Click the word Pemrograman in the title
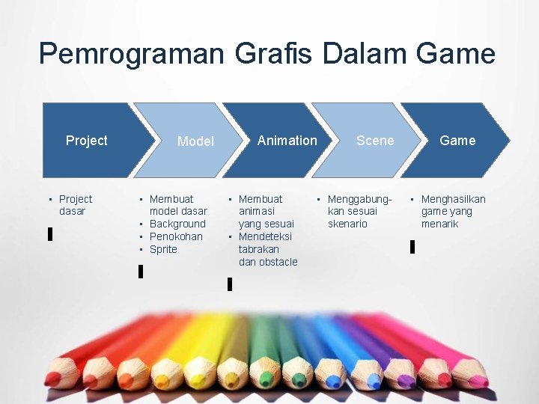tap(132, 54)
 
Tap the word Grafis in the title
tap(277, 54)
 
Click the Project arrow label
tap(86, 141)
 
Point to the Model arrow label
tap(195, 141)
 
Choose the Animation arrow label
tap(287, 141)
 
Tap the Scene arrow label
tap(375, 141)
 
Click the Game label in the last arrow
tap(457, 141)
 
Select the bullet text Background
tap(177, 224)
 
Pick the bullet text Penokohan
tap(176, 236)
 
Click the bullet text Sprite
tap(163, 249)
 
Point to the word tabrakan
tap(258, 249)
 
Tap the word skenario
tap(347, 224)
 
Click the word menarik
tap(439, 224)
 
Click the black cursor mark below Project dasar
tap(50, 234)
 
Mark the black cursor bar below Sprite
tap(141, 272)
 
